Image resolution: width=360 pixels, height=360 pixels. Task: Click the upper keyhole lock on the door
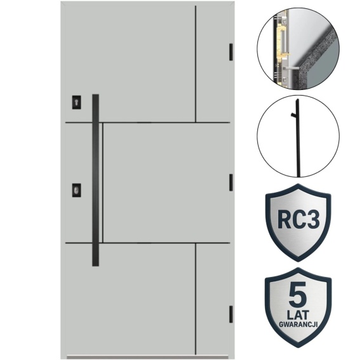(77, 102)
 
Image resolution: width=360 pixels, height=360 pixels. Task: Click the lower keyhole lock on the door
(77, 190)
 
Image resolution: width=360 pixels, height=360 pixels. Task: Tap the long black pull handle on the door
(96, 180)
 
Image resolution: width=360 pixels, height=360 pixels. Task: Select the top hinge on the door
(231, 52)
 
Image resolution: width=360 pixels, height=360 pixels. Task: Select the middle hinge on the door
(231, 183)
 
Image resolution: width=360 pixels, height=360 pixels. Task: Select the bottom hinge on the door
(231, 314)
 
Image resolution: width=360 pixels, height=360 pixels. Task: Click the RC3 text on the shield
(299, 219)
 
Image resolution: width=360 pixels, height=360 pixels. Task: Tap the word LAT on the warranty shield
(298, 315)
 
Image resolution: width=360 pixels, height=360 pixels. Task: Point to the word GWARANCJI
(298, 324)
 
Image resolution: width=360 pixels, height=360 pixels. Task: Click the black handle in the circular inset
(298, 138)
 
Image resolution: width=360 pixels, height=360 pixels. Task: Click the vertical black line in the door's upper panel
(196, 64)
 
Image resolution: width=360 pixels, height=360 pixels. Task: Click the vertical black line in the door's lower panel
(196, 299)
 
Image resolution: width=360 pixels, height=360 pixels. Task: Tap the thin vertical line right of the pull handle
(103, 183)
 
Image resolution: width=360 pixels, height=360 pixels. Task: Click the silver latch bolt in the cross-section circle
(291, 68)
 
